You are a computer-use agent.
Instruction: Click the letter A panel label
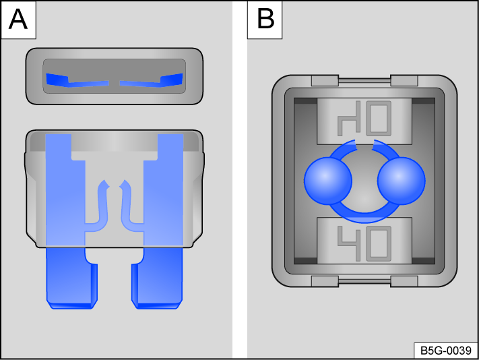(x=18, y=18)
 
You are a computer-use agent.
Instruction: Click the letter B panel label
(x=265, y=18)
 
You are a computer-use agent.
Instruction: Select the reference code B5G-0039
(x=445, y=351)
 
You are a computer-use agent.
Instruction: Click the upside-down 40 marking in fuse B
(x=364, y=119)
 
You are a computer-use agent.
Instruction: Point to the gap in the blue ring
(x=364, y=144)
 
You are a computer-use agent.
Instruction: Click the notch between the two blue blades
(x=115, y=256)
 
